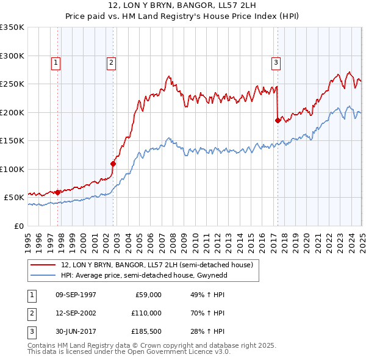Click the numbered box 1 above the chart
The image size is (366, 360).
pos(56,62)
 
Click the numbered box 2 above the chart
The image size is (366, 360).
pos(112,62)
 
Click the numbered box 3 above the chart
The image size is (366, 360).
pos(276,62)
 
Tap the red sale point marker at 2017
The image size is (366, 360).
pos(278,120)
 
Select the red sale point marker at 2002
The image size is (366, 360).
pos(113,163)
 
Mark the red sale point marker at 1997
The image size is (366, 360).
pos(57,192)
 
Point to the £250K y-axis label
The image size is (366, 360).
pos(12,84)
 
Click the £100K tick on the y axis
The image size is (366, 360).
pos(12,169)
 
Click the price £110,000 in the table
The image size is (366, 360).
pos(146,313)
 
